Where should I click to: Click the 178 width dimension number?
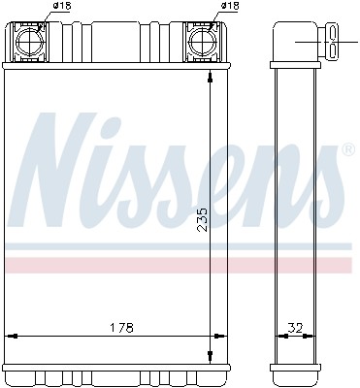pos(119,326)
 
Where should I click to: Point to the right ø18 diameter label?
pos(230,7)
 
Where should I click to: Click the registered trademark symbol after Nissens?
pos(346,151)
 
